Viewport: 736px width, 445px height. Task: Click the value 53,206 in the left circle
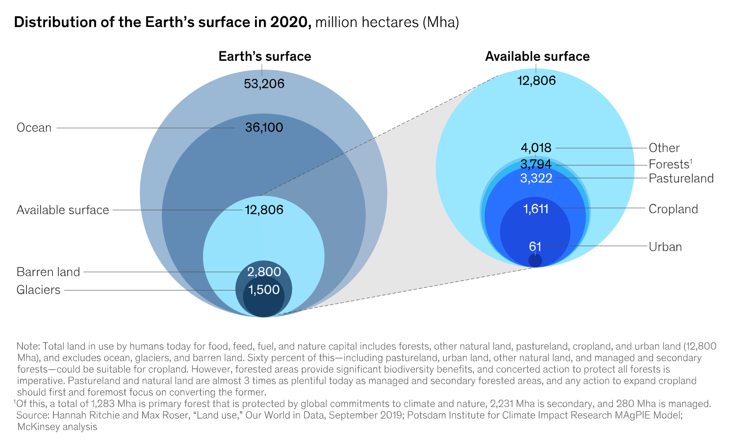pos(264,83)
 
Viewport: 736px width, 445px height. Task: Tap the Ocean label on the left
pos(34,128)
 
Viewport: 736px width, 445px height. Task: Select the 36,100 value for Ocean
pos(264,128)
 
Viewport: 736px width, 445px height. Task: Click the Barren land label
pos(48,272)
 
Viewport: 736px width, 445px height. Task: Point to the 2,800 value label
pos(264,272)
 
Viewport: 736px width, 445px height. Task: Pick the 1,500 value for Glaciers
pos(264,290)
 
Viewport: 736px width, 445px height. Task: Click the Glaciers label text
pos(38,290)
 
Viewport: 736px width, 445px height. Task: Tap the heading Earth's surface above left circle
pos(265,57)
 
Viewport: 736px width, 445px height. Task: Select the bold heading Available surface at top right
pos(537,57)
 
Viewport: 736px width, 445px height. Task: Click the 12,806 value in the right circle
pos(537,80)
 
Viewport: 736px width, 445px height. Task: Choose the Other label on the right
pos(664,148)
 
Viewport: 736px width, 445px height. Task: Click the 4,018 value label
pos(536,148)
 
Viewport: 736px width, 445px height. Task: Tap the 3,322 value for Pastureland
pos(536,178)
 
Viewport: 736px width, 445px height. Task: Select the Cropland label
pos(673,209)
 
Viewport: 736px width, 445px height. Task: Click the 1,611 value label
pos(536,209)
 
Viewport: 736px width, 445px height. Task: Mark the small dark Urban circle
pos(535,260)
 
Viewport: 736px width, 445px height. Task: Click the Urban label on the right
pos(665,247)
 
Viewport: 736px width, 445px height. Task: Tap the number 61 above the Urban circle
pos(535,247)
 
